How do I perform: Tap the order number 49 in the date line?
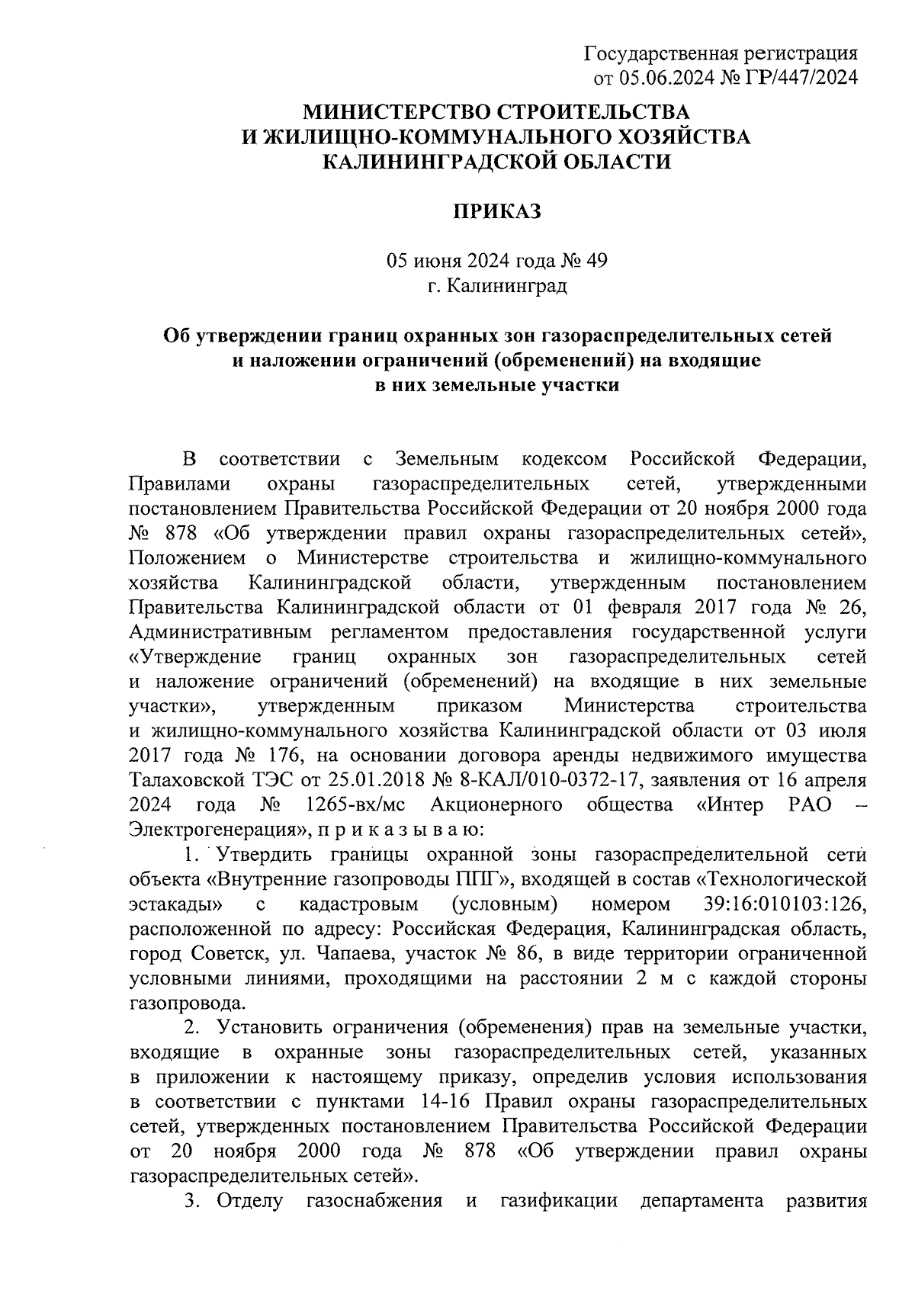[x=596, y=262]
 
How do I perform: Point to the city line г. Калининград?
[x=497, y=287]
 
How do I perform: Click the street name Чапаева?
[x=352, y=955]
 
